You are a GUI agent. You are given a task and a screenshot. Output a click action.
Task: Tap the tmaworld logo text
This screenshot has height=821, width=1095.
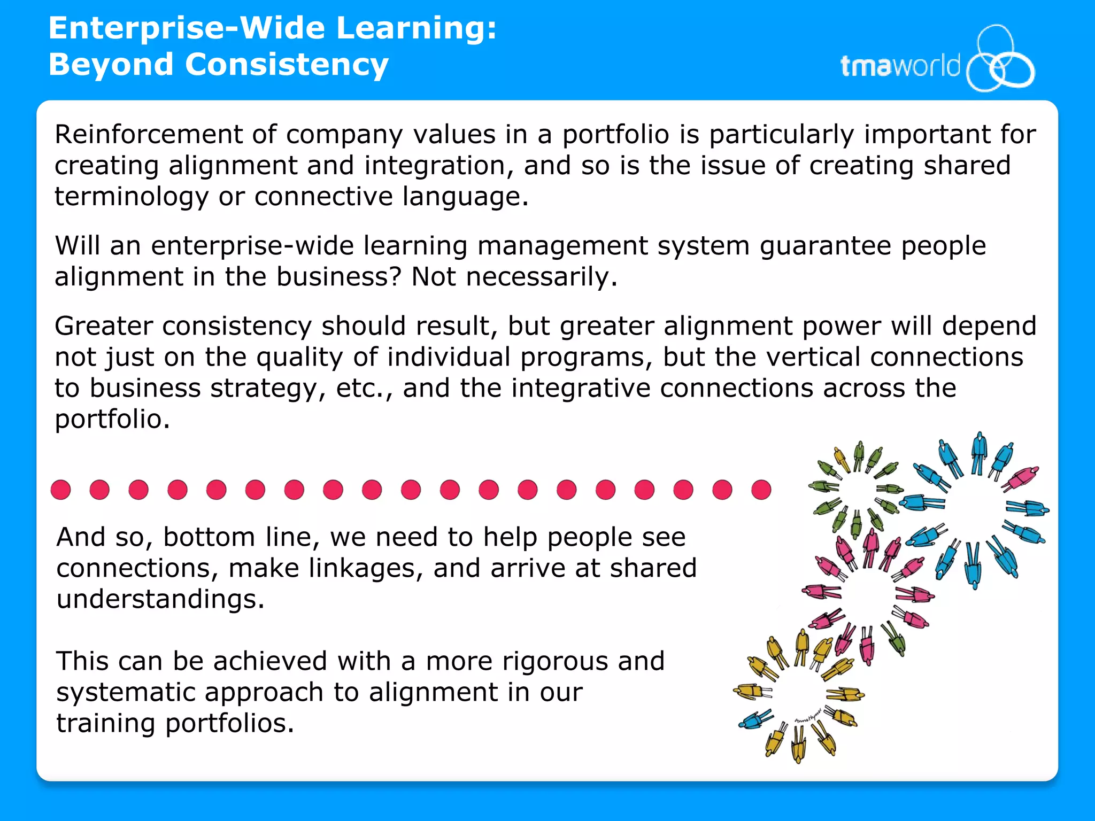click(900, 66)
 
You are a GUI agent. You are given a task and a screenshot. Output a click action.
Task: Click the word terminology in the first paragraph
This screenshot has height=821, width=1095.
click(131, 197)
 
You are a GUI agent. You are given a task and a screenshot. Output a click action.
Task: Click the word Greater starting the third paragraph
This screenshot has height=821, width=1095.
click(104, 326)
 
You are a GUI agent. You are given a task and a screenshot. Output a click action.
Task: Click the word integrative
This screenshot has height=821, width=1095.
click(581, 388)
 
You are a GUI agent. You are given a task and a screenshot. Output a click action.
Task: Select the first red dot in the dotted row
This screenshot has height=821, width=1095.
click(61, 490)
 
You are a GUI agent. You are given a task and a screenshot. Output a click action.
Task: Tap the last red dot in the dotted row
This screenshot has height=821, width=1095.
click(761, 490)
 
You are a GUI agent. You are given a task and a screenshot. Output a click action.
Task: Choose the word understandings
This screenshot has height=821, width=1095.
click(160, 599)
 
